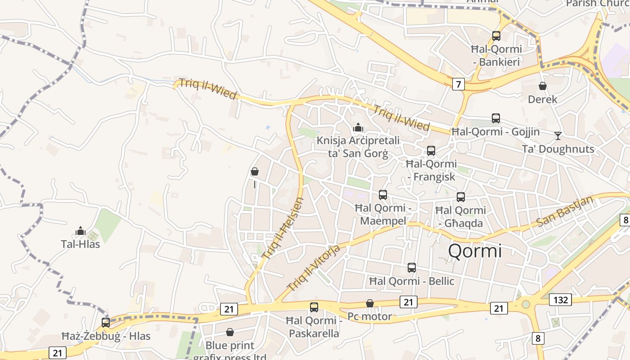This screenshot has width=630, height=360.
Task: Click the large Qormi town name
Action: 475,251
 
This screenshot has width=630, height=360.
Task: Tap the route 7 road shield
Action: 458,84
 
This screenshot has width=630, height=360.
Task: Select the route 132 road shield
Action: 560,299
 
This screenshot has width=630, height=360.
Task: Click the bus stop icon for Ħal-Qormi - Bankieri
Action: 496,36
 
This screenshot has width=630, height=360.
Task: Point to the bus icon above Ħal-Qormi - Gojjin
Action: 496,118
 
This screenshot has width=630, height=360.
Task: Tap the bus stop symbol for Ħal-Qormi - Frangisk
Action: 431,151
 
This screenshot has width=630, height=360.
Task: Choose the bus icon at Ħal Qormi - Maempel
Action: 383,195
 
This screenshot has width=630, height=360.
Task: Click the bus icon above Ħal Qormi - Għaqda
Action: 461,197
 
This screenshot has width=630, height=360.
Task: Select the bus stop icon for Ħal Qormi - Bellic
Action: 412,268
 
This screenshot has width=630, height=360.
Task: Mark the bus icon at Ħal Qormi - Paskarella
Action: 314,307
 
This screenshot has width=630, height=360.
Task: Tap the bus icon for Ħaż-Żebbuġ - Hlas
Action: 106,323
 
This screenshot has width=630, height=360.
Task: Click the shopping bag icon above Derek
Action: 543,86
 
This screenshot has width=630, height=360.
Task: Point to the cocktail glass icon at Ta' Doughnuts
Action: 558,135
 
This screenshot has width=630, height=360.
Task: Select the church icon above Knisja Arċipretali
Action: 358,127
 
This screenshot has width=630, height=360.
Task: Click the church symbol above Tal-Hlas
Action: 81,231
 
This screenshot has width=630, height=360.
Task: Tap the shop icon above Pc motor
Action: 370,304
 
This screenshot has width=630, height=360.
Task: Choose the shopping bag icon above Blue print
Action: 230,333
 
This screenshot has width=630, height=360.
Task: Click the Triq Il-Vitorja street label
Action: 319,267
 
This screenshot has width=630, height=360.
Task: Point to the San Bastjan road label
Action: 565,211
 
